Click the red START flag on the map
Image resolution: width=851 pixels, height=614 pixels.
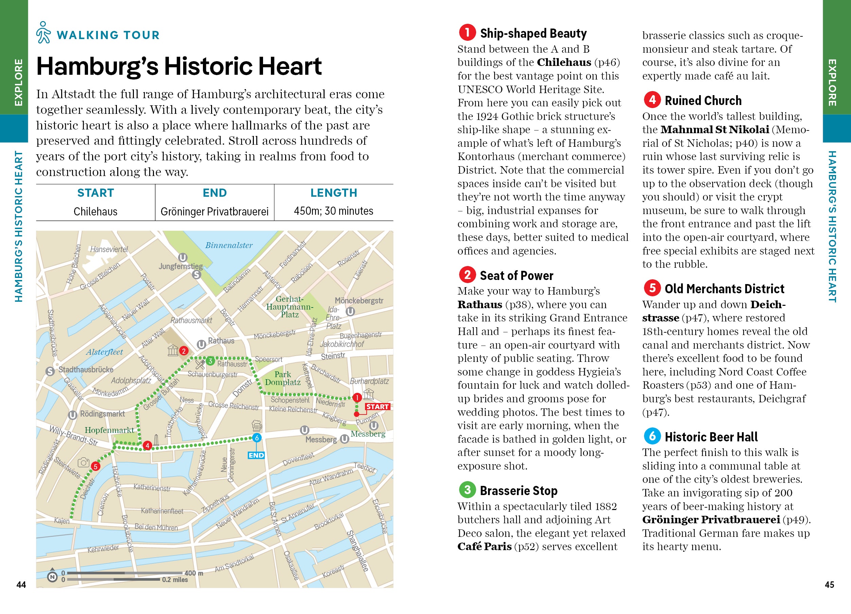(x=377, y=407)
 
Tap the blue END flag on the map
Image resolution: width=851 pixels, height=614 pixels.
(x=256, y=455)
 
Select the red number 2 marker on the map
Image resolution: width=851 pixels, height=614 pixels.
(x=184, y=351)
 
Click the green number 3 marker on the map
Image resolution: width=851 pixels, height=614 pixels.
(x=210, y=361)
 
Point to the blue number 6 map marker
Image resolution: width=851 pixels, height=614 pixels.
(x=257, y=438)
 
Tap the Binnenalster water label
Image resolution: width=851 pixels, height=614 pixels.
(x=229, y=245)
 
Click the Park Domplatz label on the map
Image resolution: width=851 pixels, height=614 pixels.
(x=282, y=378)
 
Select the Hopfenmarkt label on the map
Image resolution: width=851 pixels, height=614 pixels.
(x=109, y=430)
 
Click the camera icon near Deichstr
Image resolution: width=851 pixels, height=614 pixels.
(x=83, y=463)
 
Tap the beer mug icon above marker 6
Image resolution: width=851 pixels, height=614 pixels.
(x=257, y=425)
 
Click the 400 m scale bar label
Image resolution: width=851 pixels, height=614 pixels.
(x=194, y=573)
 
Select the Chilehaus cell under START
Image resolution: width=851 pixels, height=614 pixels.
(x=95, y=212)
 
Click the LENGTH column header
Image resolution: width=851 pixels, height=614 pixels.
(x=334, y=193)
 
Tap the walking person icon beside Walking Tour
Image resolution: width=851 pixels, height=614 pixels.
(x=44, y=33)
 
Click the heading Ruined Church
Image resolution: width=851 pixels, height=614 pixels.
(x=703, y=101)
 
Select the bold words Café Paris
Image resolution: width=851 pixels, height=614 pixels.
(x=484, y=546)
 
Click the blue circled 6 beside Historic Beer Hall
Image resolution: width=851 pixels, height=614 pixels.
(x=652, y=436)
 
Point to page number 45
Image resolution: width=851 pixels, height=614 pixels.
(x=829, y=584)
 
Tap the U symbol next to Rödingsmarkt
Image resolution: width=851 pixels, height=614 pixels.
(x=73, y=415)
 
